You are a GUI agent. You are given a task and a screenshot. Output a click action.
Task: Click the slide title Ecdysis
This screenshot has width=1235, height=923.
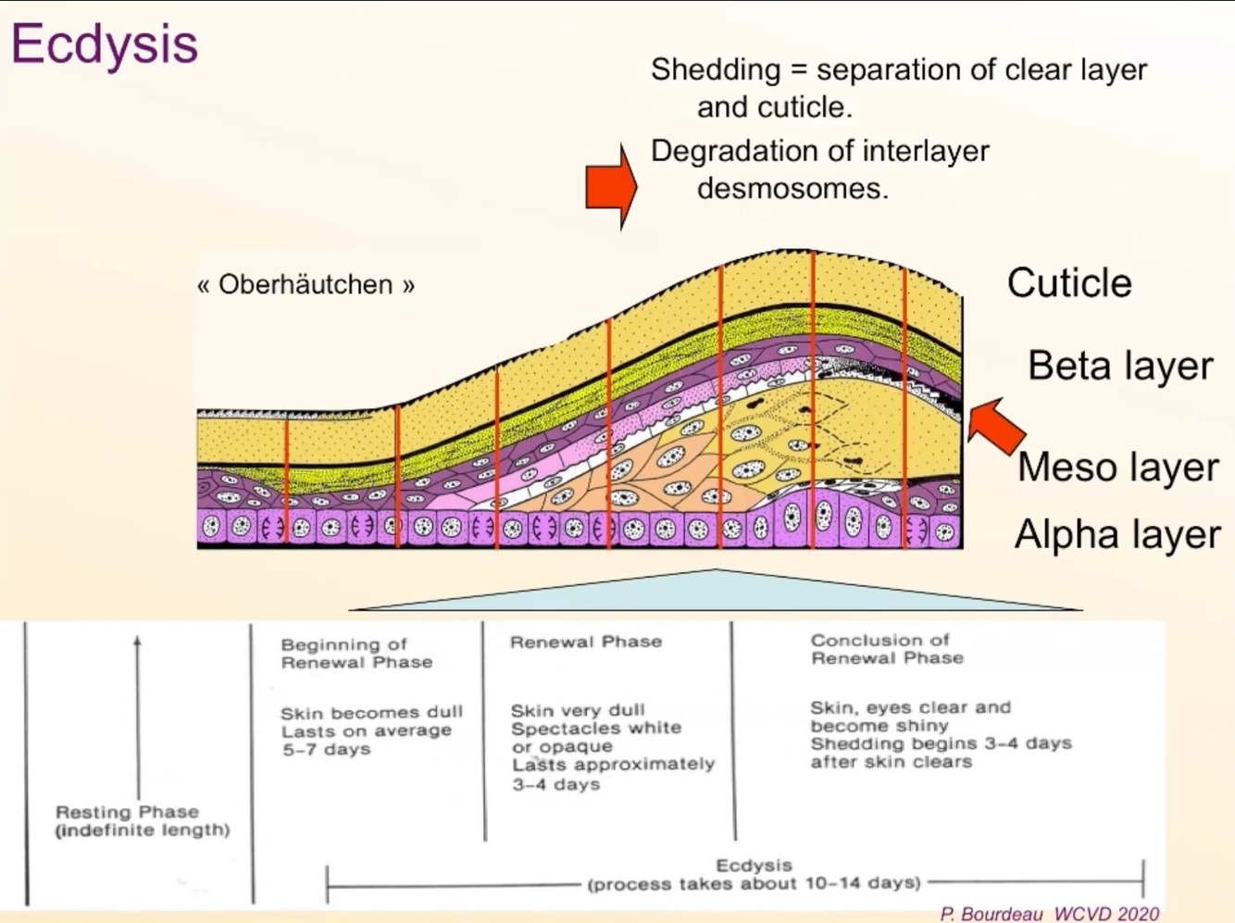[105, 44]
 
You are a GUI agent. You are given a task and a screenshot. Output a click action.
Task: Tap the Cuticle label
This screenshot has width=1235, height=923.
[1069, 283]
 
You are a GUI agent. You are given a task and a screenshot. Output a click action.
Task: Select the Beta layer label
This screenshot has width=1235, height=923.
[1119, 366]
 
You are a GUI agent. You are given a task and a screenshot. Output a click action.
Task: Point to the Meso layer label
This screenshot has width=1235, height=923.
[1117, 467]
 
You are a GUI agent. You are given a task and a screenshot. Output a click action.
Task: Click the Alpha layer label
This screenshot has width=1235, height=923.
[1117, 535]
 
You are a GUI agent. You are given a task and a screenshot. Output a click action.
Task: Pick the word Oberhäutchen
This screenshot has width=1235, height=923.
[306, 284]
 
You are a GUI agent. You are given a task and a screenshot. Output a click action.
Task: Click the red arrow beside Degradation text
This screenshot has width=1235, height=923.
[611, 186]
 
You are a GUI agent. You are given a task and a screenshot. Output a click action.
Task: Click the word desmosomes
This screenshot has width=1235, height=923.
[792, 189]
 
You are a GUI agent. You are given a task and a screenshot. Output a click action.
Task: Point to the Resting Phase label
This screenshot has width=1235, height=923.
[128, 812]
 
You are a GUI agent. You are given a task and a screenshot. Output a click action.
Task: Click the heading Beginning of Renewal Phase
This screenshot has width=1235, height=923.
[356, 653]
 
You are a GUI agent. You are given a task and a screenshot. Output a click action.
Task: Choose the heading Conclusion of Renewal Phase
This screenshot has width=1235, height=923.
[886, 649]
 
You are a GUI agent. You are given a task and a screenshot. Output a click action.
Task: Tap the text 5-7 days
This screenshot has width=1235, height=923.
[326, 749]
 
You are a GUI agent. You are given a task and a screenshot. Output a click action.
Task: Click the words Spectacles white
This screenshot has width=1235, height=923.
[596, 729]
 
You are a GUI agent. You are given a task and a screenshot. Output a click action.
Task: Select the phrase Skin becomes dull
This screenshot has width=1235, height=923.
[371, 713]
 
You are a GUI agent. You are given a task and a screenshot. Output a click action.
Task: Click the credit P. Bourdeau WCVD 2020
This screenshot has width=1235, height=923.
[1049, 914]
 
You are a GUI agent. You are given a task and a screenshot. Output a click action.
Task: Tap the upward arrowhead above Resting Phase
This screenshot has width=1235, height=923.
[138, 641]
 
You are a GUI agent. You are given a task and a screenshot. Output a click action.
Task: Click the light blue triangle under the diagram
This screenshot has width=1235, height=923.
[717, 592]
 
